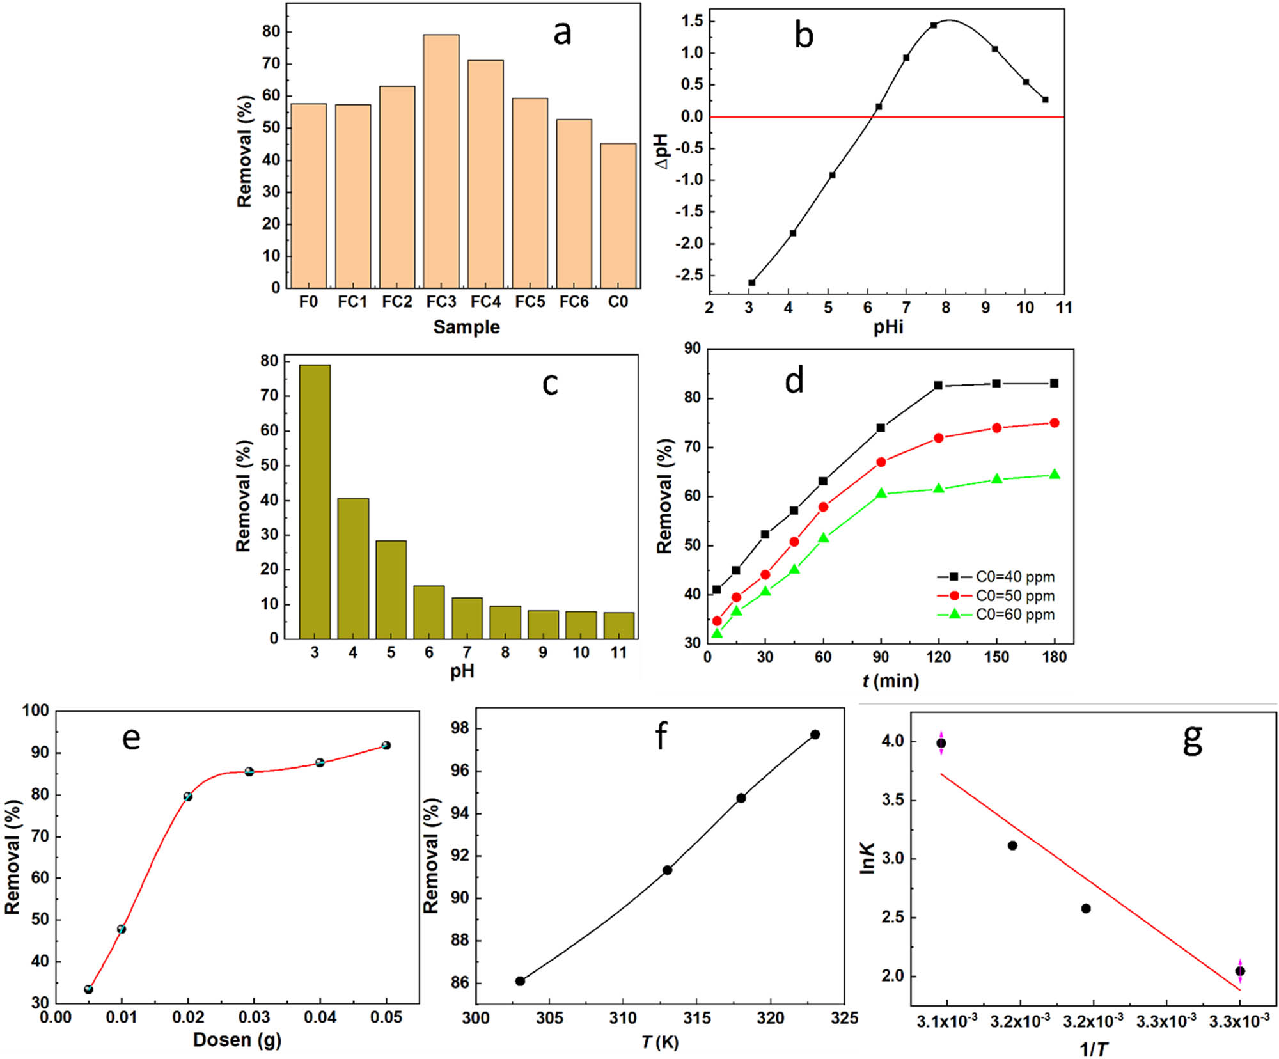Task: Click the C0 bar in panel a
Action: pyautogui.click(x=618, y=216)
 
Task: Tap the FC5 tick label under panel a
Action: pyautogui.click(x=530, y=302)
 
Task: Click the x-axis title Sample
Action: pyautogui.click(x=466, y=327)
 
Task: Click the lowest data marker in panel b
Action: pyautogui.click(x=752, y=283)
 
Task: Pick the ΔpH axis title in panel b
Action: pyautogui.click(x=662, y=152)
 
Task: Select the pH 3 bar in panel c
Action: pyautogui.click(x=315, y=502)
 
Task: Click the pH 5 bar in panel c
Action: pyautogui.click(x=391, y=590)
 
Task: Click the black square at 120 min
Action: pyautogui.click(x=938, y=386)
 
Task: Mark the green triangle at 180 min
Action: pyautogui.click(x=1055, y=475)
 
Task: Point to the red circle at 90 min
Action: pyautogui.click(x=881, y=462)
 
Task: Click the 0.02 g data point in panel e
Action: pyautogui.click(x=188, y=797)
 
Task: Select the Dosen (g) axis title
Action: pyautogui.click(x=237, y=1040)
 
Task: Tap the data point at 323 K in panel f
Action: pyautogui.click(x=815, y=735)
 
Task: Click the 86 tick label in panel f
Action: pyautogui.click(x=460, y=982)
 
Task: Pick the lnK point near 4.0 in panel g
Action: pyautogui.click(x=941, y=743)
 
